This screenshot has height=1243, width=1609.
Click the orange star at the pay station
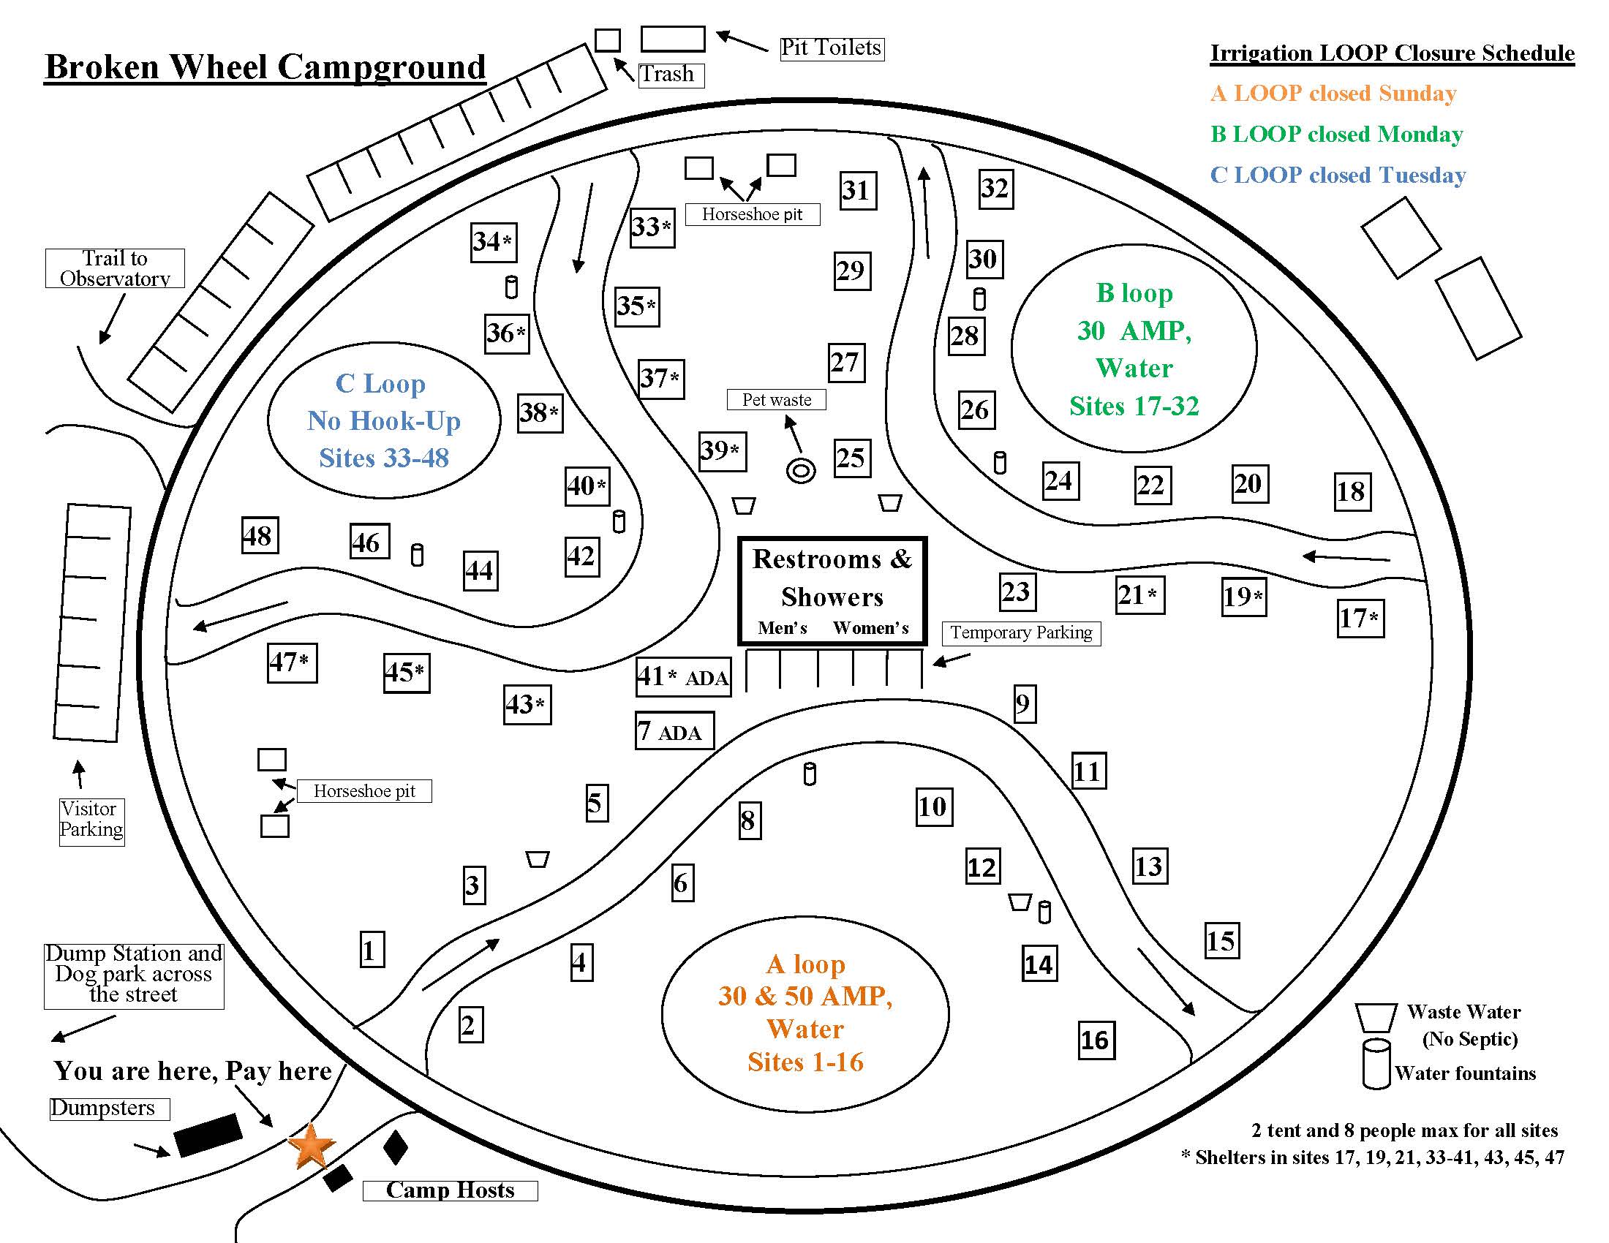[x=311, y=1146]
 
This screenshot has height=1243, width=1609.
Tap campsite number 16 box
[x=1096, y=1040]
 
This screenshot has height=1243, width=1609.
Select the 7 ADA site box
[x=674, y=730]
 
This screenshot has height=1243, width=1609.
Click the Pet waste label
[x=777, y=400]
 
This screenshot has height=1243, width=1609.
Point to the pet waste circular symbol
[x=801, y=470]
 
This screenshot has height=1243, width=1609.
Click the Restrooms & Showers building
[x=832, y=592]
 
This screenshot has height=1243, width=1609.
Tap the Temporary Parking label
[x=1021, y=632]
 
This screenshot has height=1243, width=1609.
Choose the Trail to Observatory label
[x=115, y=268]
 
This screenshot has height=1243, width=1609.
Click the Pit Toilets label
[x=832, y=48]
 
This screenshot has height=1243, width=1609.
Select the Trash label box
[x=671, y=75]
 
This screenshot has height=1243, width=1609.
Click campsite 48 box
[x=260, y=535]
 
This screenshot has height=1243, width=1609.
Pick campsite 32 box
[x=995, y=189]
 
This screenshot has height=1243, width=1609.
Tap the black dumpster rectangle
[x=208, y=1135]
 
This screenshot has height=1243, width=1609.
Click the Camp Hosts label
[x=449, y=1190]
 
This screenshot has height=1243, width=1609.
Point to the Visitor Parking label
[x=91, y=820]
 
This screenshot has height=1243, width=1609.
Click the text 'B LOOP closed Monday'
[x=1336, y=134]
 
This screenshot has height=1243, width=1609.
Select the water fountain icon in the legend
[x=1376, y=1062]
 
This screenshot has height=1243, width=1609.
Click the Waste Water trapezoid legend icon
[x=1376, y=1017]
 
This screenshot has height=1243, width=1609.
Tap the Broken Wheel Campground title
[x=265, y=67]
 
